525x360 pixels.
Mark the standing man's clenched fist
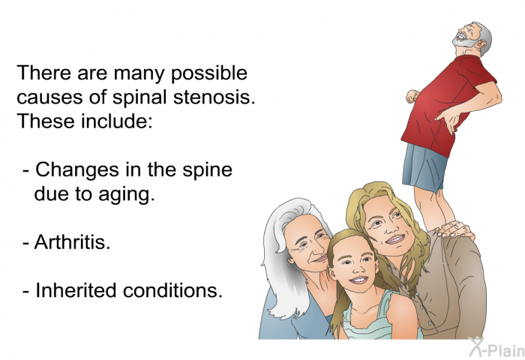411,97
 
